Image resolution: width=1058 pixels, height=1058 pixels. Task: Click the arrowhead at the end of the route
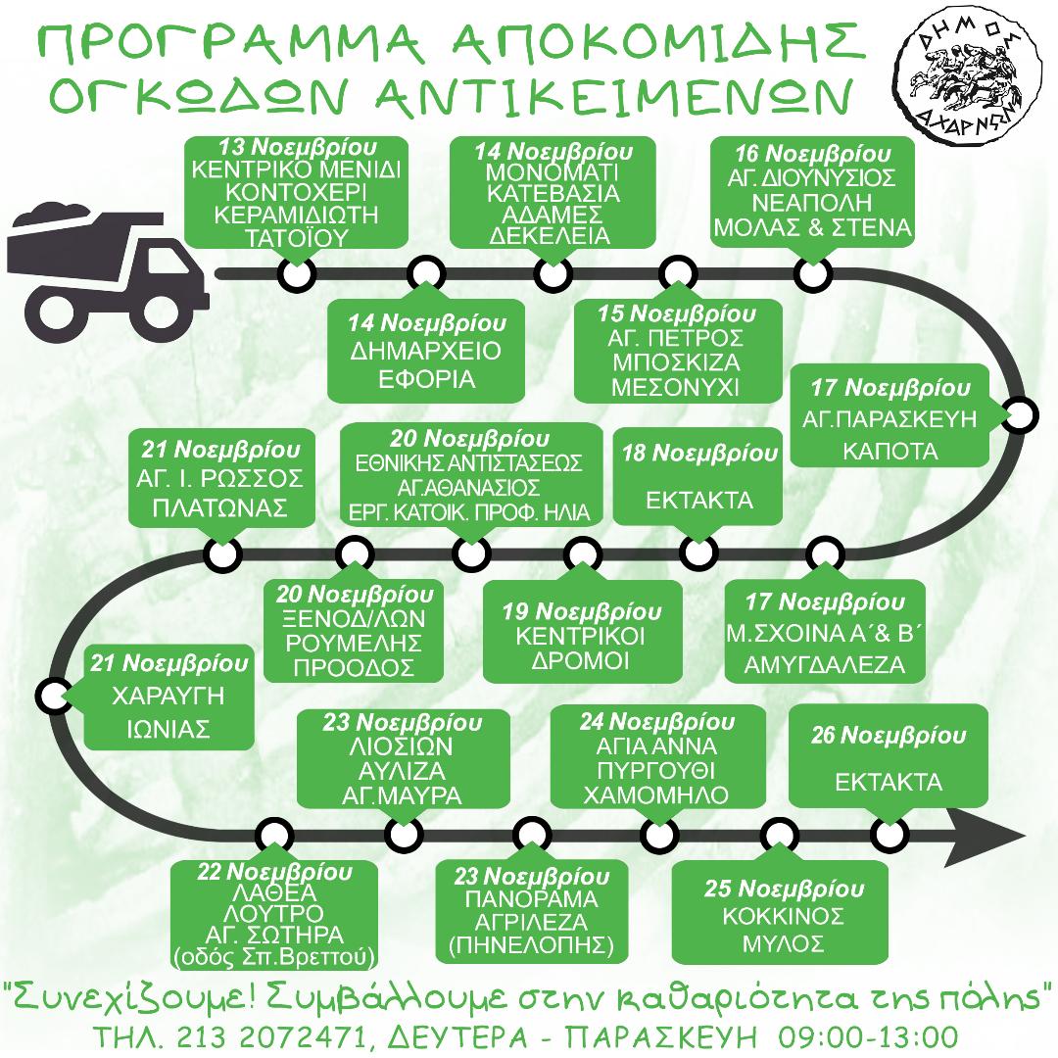pos(986,837)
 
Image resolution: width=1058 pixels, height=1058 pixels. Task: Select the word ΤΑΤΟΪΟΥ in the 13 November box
pos(296,238)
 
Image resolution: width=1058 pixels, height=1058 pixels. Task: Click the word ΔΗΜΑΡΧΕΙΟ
pos(426,350)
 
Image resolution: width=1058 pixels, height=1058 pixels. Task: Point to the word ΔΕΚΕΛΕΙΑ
pos(550,235)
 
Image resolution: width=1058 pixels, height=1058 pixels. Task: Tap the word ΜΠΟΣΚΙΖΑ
pos(676,362)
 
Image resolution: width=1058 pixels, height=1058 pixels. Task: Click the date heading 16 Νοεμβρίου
pos(812,154)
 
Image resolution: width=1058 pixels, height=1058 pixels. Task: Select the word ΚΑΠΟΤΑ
pos(890,450)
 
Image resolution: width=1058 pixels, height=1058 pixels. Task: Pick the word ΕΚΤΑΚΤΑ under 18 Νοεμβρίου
pos(699,500)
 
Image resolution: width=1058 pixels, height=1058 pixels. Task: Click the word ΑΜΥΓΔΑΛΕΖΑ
pos(825,665)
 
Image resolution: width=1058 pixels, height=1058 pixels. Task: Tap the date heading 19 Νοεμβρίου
pos(582,612)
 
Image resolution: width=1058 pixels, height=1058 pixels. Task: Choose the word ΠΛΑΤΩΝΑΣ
pos(220,507)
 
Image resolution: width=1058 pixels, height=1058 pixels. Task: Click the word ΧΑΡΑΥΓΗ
pos(168,696)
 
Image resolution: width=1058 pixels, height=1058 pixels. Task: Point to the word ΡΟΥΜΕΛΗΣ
pos(354,643)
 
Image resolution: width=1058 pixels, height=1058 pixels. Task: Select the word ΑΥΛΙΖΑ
pos(402,771)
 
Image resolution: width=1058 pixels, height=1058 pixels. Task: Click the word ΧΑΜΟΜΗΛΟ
pos(655,794)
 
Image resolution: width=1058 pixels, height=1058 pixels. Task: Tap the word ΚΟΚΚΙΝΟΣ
pos(784,916)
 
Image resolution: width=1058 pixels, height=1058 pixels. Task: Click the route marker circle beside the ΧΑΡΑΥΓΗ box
pos(54,696)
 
